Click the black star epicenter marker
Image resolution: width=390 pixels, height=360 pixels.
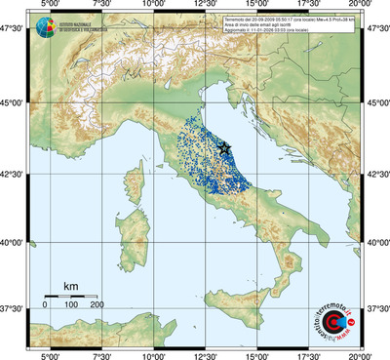[x=225, y=147]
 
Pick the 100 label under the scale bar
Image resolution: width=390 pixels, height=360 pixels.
[x=71, y=306]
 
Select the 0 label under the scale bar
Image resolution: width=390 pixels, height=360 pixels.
[x=45, y=306]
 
